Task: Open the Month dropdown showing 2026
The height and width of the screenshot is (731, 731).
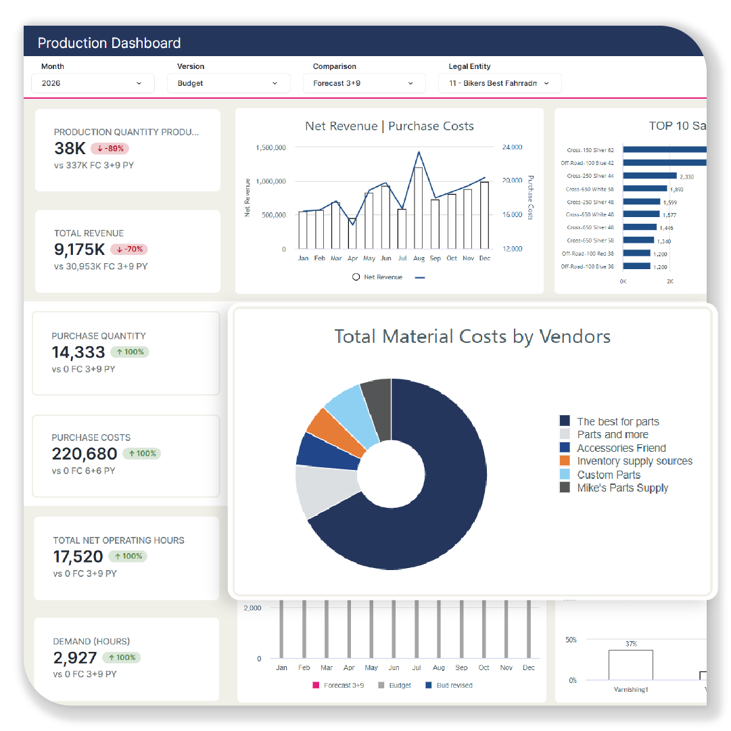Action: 93,83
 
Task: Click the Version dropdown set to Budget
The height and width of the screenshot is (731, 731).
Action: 228,83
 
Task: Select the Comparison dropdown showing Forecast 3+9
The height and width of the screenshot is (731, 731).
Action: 364,83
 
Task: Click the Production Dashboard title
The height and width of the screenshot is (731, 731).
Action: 109,43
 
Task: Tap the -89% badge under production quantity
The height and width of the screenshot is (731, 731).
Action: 109,149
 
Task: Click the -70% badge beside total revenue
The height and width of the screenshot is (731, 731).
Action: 128,250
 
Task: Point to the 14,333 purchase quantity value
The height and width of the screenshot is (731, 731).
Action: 78,352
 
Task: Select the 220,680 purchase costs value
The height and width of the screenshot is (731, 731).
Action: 85,454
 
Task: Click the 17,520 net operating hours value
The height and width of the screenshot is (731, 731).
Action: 78,557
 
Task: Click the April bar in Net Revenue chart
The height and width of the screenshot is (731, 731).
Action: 352,233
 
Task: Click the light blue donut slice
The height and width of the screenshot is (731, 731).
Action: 350,413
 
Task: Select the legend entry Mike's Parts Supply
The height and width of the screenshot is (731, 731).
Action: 622,488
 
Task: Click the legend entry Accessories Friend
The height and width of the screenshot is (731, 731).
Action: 621,448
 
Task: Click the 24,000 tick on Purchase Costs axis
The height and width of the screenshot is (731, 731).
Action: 512,147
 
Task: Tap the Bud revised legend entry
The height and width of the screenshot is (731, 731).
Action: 454,685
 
